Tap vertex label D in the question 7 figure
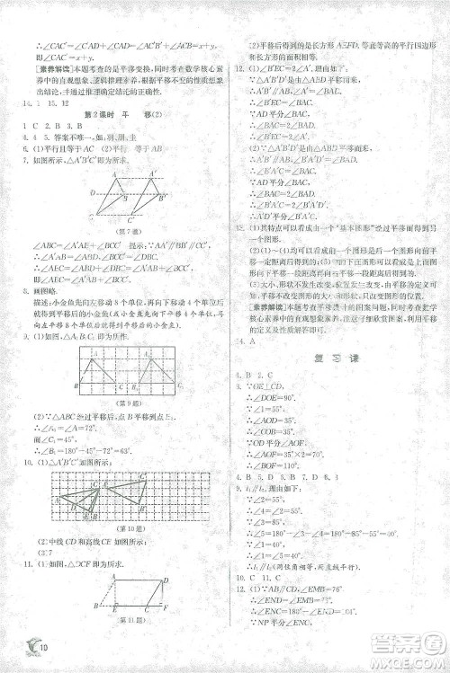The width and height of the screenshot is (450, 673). tap(92, 192)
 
